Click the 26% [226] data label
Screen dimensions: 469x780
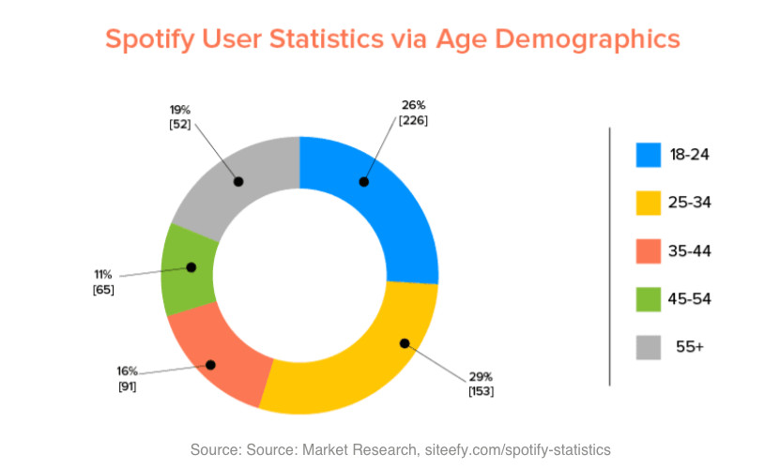pos(413,113)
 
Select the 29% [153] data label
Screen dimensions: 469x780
pos(481,383)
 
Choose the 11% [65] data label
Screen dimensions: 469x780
pos(103,282)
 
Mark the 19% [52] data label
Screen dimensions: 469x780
pos(180,117)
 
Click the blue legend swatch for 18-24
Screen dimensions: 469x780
pos(649,155)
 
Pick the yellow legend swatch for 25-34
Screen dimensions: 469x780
pos(649,203)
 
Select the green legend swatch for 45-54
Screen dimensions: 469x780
pos(649,298)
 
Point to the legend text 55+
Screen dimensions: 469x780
pos(689,346)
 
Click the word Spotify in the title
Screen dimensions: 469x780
pos(151,39)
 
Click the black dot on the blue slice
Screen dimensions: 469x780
pos(363,182)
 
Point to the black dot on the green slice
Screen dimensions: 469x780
pos(191,267)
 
